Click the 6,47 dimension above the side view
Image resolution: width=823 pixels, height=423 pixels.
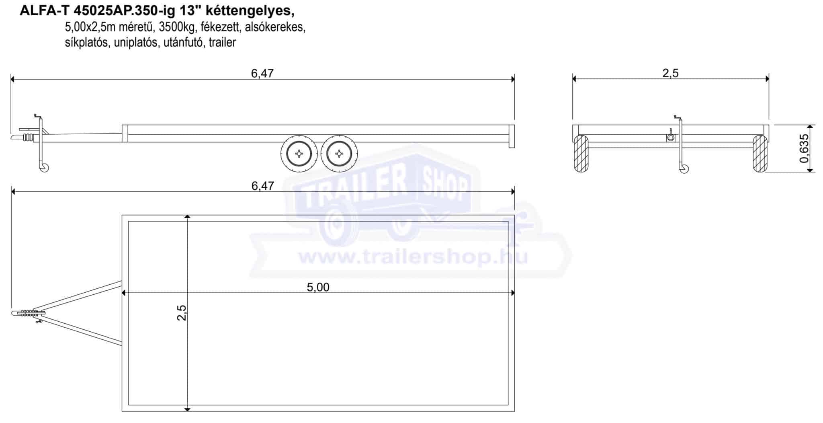pyautogui.click(x=262, y=73)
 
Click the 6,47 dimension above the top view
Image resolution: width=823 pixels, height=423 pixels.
pyautogui.click(x=262, y=186)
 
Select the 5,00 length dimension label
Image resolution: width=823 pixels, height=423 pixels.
pyautogui.click(x=318, y=287)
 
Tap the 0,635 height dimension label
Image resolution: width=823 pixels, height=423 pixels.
pyautogui.click(x=803, y=148)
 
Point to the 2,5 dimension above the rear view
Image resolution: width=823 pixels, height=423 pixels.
pyautogui.click(x=670, y=73)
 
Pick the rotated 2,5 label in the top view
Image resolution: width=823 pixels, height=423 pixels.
pyautogui.click(x=182, y=312)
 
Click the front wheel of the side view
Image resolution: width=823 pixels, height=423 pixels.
pyautogui.click(x=299, y=153)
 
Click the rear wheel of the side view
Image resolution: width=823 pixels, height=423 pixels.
pyautogui.click(x=340, y=153)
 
